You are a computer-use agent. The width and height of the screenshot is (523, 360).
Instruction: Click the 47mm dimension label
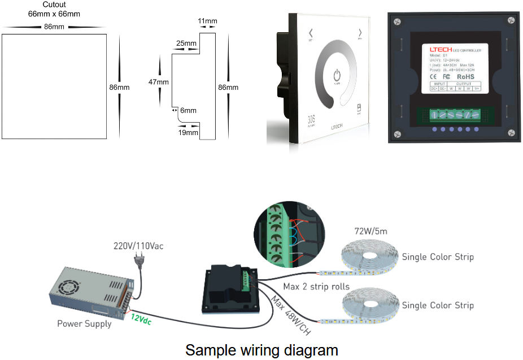158,82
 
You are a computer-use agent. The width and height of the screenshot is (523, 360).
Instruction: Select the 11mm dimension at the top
207,21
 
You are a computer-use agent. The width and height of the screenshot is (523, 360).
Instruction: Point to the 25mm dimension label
186,43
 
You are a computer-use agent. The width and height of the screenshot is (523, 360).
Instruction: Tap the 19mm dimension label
188,132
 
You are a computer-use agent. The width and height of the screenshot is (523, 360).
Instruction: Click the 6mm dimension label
188,111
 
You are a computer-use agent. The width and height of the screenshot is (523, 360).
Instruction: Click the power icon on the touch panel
337,75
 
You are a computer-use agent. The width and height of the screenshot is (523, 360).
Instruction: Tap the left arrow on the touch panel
310,32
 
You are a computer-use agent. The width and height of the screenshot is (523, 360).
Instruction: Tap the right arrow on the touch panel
359,32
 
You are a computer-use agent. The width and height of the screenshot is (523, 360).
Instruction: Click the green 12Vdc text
141,319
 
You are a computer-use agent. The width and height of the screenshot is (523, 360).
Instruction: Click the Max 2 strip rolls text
316,287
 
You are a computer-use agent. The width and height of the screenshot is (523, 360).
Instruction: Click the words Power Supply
84,324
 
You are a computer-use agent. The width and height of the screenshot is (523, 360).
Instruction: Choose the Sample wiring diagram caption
261,350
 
